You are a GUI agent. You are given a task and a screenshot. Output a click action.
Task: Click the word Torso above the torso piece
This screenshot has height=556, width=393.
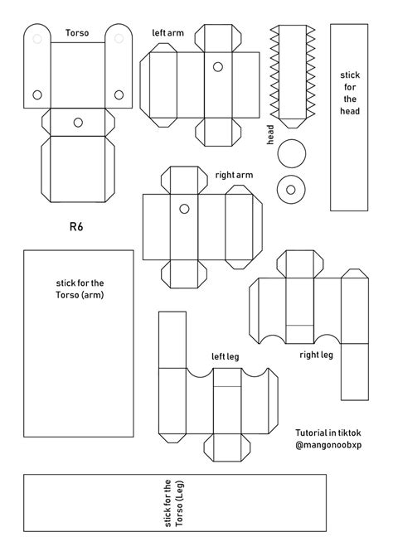(x=78, y=33)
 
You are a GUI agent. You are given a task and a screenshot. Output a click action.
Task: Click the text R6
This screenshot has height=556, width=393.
(x=77, y=225)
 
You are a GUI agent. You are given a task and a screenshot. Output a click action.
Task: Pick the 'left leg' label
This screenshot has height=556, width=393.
(x=225, y=356)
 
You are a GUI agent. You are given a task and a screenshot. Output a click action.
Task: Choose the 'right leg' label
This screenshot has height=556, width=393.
(x=316, y=355)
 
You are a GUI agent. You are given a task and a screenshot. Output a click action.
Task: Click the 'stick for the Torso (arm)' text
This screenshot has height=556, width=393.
(x=77, y=288)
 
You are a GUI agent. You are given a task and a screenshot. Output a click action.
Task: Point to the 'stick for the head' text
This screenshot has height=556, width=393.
(x=349, y=93)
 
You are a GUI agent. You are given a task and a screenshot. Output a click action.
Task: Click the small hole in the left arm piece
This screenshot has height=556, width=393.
(x=219, y=65)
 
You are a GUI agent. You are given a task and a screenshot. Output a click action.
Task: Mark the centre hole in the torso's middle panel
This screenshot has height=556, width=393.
(x=78, y=123)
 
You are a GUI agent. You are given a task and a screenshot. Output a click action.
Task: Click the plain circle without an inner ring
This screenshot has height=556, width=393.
(x=292, y=152)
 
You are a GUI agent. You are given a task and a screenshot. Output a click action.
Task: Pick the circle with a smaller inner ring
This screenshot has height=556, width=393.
(x=292, y=189)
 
